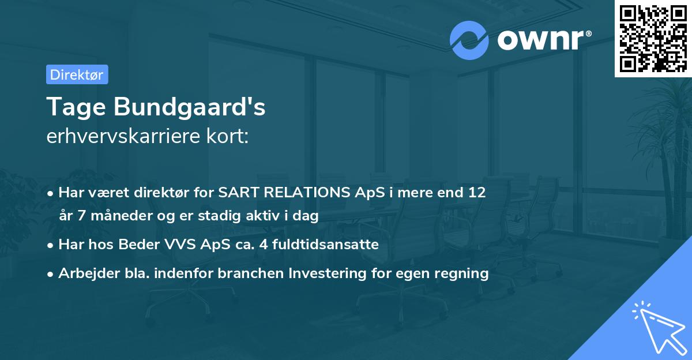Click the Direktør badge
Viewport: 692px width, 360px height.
(x=77, y=74)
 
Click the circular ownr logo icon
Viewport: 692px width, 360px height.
(x=469, y=40)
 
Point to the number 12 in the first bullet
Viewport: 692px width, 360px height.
(x=477, y=193)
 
